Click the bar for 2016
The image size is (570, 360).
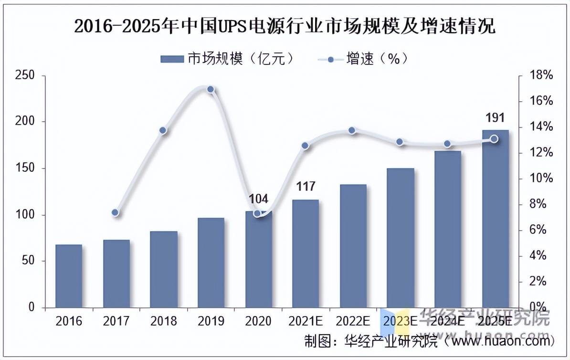coord(69,276)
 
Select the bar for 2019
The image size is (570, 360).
coord(211,263)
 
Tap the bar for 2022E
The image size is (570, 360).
coord(353,246)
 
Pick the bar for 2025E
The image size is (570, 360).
coord(496,219)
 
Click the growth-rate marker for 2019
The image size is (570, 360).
coord(211,90)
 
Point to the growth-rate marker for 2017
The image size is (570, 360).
coord(115,212)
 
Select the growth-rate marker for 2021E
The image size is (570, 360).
coord(306,146)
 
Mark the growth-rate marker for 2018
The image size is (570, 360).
coord(163,130)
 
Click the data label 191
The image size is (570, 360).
coord(495,118)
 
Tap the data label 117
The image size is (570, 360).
coord(306,187)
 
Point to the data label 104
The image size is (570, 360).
coord(258,199)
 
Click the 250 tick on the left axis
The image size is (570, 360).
coord(25,75)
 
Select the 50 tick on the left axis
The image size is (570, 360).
coord(28,261)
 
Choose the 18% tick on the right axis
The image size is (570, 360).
coord(541,75)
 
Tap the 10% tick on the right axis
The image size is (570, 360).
coord(541,179)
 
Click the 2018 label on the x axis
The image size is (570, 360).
coord(163,321)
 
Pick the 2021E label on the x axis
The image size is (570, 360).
coord(306,321)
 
